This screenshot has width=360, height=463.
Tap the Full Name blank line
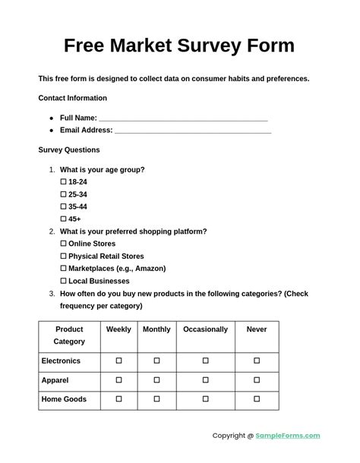pyautogui.click(x=183, y=118)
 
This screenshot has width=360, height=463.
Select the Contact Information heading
pyautogui.click(x=72, y=98)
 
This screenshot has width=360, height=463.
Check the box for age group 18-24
pyautogui.click(x=63, y=182)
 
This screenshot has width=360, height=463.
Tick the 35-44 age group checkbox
pyautogui.click(x=63, y=206)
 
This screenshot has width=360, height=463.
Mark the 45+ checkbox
pyautogui.click(x=63, y=219)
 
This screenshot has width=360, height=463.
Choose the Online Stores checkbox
pyautogui.click(x=63, y=244)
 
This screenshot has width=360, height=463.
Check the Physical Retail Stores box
pyautogui.click(x=63, y=256)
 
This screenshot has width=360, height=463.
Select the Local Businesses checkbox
pyautogui.click(x=63, y=281)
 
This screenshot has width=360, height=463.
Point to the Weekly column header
pyautogui.click(x=118, y=329)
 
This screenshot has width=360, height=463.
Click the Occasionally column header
pyautogui.click(x=205, y=329)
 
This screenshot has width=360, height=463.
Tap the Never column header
pyautogui.click(x=257, y=329)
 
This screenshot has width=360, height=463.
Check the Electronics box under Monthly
pyautogui.click(x=156, y=361)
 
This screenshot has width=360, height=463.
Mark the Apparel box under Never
pyautogui.click(x=257, y=380)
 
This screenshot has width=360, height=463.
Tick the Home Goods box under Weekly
pyautogui.click(x=118, y=398)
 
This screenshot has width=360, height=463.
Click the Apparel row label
pyautogui.click(x=55, y=380)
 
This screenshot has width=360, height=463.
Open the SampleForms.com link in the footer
pyautogui.click(x=288, y=436)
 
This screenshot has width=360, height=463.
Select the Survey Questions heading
pyautogui.click(x=69, y=150)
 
